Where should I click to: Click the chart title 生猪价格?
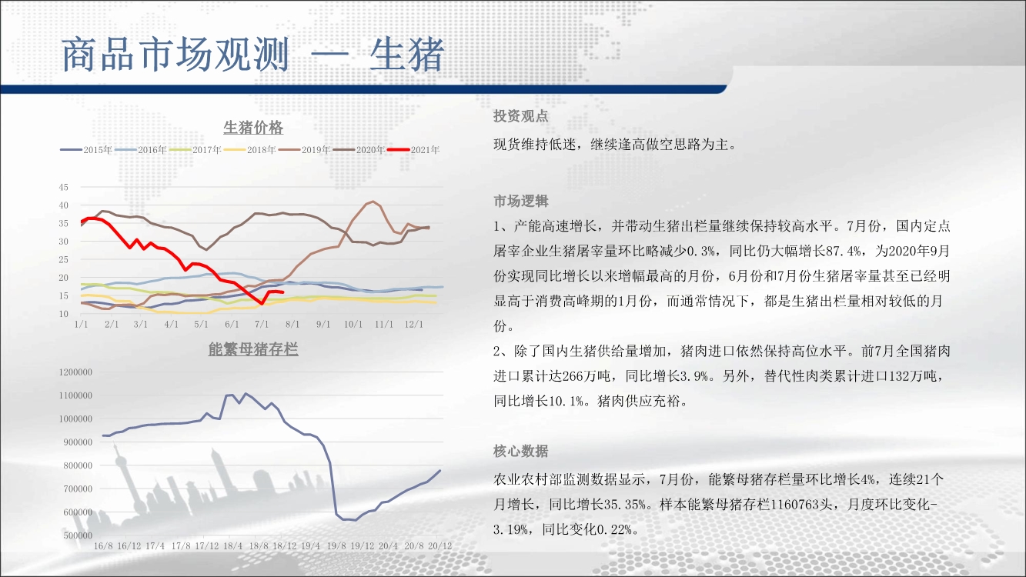click(253, 127)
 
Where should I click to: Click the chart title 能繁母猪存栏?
click(253, 349)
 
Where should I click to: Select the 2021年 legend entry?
click(413, 150)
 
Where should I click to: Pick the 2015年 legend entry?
click(86, 150)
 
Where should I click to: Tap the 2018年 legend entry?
click(250, 150)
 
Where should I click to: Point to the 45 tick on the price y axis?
click(63, 187)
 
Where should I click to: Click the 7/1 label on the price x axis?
click(262, 324)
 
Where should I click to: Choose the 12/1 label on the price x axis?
click(413, 324)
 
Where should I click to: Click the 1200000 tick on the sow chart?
click(75, 372)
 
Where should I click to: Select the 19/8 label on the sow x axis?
click(336, 546)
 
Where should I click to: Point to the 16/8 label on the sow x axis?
click(103, 546)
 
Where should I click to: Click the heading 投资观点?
click(521, 116)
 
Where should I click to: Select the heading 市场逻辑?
click(521, 201)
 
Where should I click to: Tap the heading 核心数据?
click(521, 451)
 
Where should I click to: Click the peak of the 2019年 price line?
click(373, 202)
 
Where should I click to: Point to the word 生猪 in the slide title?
click(407, 55)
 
